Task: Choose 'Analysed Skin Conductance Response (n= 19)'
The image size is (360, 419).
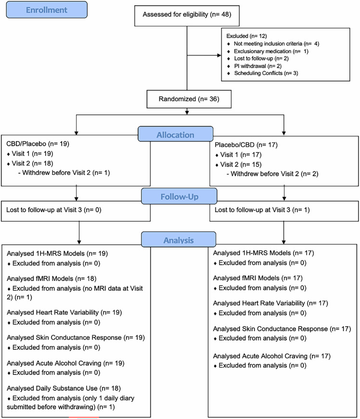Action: (x=68, y=337)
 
